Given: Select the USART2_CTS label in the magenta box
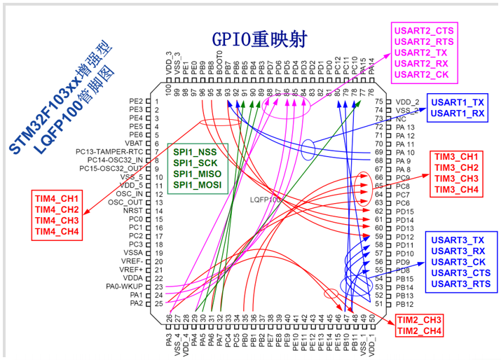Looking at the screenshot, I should click(424, 31).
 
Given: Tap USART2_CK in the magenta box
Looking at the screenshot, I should click(422, 74).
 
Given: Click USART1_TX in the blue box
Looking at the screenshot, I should click(458, 102).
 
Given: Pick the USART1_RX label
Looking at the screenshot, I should click(458, 113).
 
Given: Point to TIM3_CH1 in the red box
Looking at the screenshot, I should click(456, 156).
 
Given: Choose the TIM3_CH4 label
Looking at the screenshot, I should click(456, 190).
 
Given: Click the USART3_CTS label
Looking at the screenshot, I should click(460, 273).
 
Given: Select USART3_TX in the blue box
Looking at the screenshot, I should click(458, 240).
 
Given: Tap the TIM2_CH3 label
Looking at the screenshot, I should click(418, 320).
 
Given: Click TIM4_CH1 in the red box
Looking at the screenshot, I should click(57, 198).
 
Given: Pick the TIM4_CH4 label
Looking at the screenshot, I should click(57, 232).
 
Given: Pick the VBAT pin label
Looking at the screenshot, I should click(133, 143).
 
